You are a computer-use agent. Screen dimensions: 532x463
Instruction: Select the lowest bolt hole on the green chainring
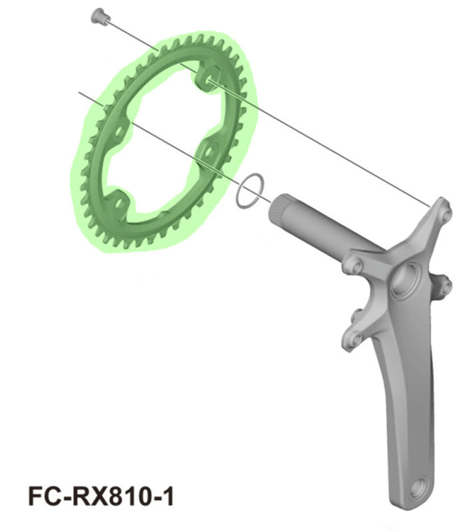(120, 200)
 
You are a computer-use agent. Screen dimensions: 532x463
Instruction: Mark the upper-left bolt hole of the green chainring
(117, 131)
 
